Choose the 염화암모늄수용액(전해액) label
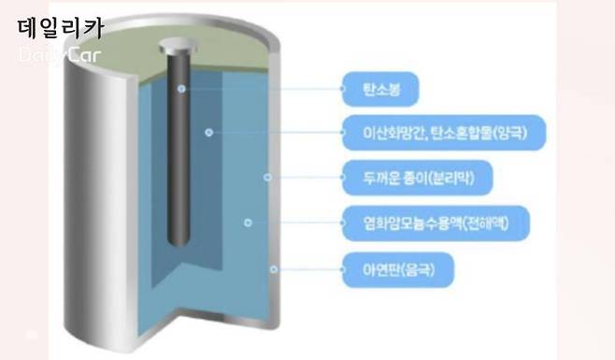[430, 223]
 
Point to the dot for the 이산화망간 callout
[209, 132]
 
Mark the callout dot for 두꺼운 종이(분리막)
[267, 177]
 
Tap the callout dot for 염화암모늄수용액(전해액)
[248, 223]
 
